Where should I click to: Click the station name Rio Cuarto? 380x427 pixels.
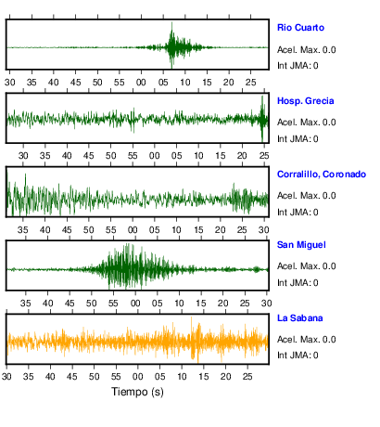300,28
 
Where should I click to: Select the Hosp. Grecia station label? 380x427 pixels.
306,101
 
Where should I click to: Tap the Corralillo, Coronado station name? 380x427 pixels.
322,175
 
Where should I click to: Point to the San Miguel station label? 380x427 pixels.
301,245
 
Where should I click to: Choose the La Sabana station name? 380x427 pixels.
300,318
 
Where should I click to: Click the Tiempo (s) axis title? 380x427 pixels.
137,392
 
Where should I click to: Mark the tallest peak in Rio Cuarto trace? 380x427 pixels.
171,23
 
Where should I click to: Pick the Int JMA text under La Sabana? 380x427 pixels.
298,355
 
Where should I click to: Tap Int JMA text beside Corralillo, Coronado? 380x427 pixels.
298,213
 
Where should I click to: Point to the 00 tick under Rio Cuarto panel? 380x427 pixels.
141,83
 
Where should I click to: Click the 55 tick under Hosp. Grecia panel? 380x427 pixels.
133,155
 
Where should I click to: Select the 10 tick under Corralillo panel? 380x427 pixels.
176,230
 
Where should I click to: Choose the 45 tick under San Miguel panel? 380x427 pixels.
70,304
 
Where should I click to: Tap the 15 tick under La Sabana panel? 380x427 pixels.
204,377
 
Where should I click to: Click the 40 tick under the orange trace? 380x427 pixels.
50,377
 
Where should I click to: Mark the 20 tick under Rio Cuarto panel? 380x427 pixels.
229,83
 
